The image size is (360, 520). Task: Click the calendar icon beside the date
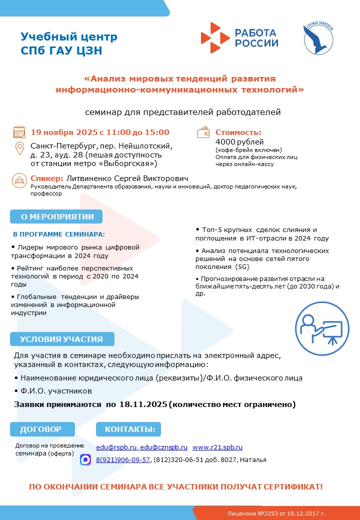(x=19, y=132)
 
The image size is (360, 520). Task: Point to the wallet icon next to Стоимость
(x=204, y=133)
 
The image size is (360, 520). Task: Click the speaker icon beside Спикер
(x=19, y=179)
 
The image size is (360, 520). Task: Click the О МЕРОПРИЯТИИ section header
(x=56, y=216)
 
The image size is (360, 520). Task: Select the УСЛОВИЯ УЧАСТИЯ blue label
(x=61, y=339)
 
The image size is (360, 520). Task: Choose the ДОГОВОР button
(x=42, y=429)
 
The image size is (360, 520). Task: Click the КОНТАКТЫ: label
(x=129, y=429)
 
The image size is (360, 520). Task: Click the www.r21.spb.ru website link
(x=217, y=447)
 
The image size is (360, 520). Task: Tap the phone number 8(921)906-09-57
(x=123, y=460)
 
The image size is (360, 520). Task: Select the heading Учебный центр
(x=69, y=37)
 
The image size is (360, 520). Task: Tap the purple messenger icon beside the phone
(x=85, y=460)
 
